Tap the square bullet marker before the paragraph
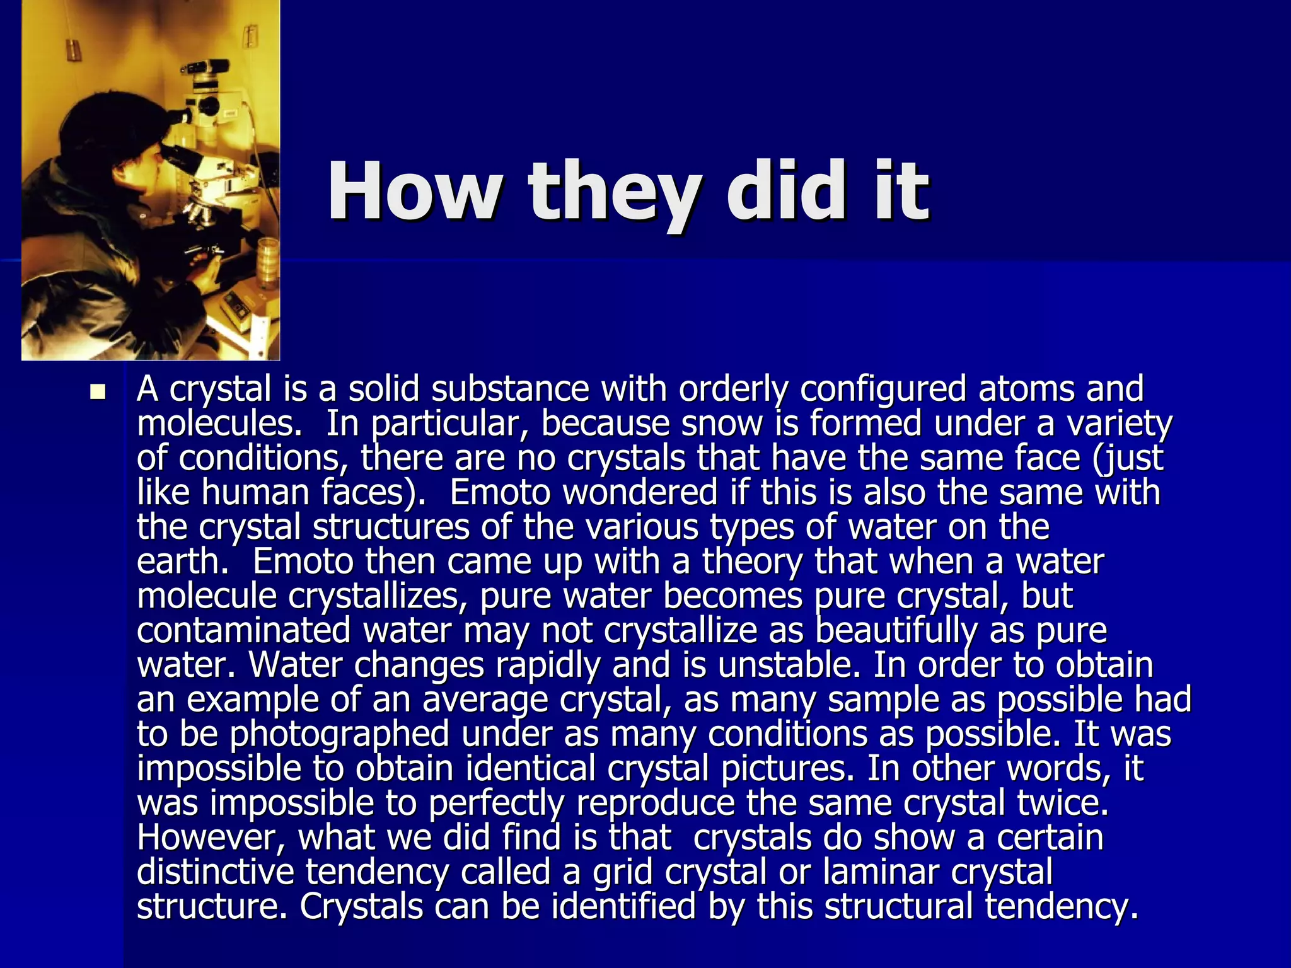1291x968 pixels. click(98, 393)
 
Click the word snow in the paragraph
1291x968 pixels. click(722, 423)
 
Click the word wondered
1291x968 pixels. click(640, 492)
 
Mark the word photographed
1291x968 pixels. click(340, 735)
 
